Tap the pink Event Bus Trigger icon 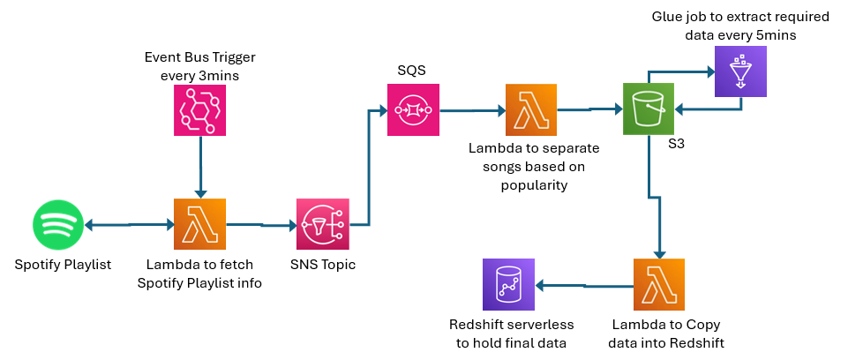(x=199, y=110)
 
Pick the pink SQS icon (x=413, y=110)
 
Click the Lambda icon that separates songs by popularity (x=531, y=110)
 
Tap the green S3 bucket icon (x=649, y=109)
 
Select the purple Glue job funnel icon (x=740, y=71)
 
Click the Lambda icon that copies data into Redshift (x=659, y=284)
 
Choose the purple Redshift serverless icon (x=508, y=284)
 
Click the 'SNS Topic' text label (x=323, y=264)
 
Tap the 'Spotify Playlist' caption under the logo (x=63, y=264)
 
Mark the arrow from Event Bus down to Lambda (x=201, y=168)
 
